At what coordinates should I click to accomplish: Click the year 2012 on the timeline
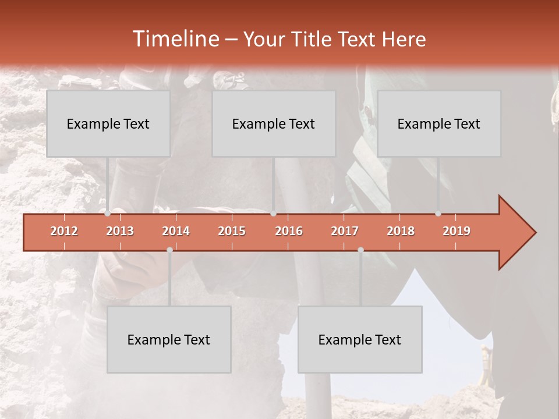(64, 231)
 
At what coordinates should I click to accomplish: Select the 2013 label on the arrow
(120, 231)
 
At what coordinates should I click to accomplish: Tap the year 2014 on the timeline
(176, 231)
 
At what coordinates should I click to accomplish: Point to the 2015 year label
(232, 231)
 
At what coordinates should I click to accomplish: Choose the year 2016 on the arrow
(289, 231)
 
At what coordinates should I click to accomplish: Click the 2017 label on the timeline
(345, 231)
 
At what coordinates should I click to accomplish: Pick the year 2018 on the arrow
(401, 231)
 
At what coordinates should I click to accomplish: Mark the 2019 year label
(457, 231)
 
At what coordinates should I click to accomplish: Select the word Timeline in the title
(175, 39)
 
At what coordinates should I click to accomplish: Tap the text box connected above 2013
(108, 123)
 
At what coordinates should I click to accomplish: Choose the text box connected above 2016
(274, 123)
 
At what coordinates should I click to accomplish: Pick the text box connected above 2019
(439, 123)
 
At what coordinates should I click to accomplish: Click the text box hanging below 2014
(169, 339)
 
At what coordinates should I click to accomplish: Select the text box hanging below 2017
(360, 339)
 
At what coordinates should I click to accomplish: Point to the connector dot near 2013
(108, 214)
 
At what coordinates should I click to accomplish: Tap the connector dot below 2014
(169, 250)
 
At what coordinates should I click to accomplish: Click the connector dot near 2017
(360, 250)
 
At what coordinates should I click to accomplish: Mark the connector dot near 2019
(438, 214)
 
